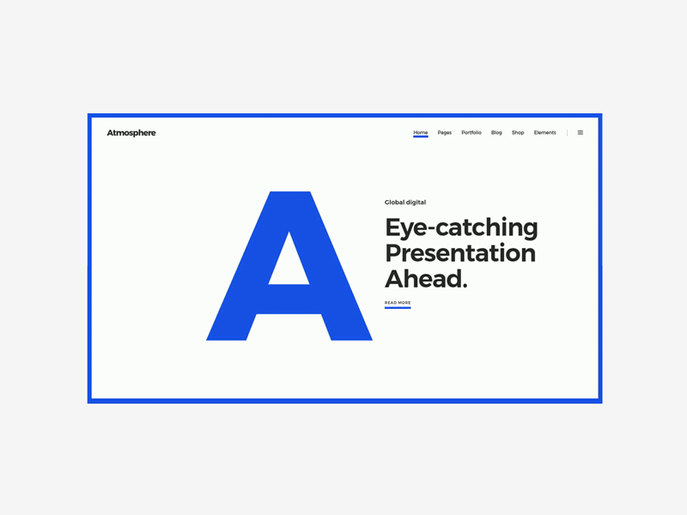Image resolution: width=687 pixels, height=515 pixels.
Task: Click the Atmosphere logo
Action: pos(131,133)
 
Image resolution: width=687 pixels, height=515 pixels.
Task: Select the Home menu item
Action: pos(420,133)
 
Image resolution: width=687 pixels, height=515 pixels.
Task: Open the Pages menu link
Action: pos(444,133)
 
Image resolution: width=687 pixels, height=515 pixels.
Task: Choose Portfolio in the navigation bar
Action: pos(471,133)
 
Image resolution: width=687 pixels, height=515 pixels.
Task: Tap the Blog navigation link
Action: pos(496,133)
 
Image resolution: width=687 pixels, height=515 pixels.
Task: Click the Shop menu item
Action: pos(518,133)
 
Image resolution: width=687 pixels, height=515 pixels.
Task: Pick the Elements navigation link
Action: pos(544,133)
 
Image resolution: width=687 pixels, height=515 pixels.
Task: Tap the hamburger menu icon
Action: pos(581,133)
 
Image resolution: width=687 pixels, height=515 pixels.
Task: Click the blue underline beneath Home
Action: pos(420,137)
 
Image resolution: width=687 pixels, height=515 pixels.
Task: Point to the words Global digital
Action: pos(405,203)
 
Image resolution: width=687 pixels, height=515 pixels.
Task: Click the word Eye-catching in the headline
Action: pos(461,228)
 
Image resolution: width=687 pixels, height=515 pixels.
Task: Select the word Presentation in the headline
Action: pos(460,253)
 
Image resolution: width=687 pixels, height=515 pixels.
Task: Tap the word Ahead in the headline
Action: pos(423,279)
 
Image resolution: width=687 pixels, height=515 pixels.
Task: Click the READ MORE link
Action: pos(398,303)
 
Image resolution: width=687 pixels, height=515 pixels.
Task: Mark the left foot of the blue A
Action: pos(228,332)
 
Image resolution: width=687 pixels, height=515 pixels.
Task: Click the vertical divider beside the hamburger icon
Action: pos(568,133)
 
